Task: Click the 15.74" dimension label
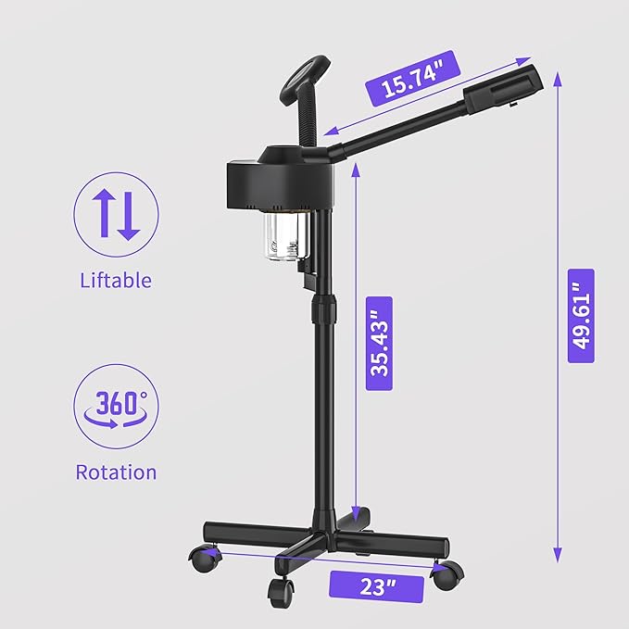coord(413,79)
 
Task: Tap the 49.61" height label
coord(581,316)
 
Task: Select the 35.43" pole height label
coord(379,344)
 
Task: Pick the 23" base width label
coord(376,586)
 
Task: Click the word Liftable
coord(116,280)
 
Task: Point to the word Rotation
coord(116,472)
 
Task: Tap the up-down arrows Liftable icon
coord(116,215)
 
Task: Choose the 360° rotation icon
coord(116,407)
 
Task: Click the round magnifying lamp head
coord(306,81)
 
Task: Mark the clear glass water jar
coord(286,236)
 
